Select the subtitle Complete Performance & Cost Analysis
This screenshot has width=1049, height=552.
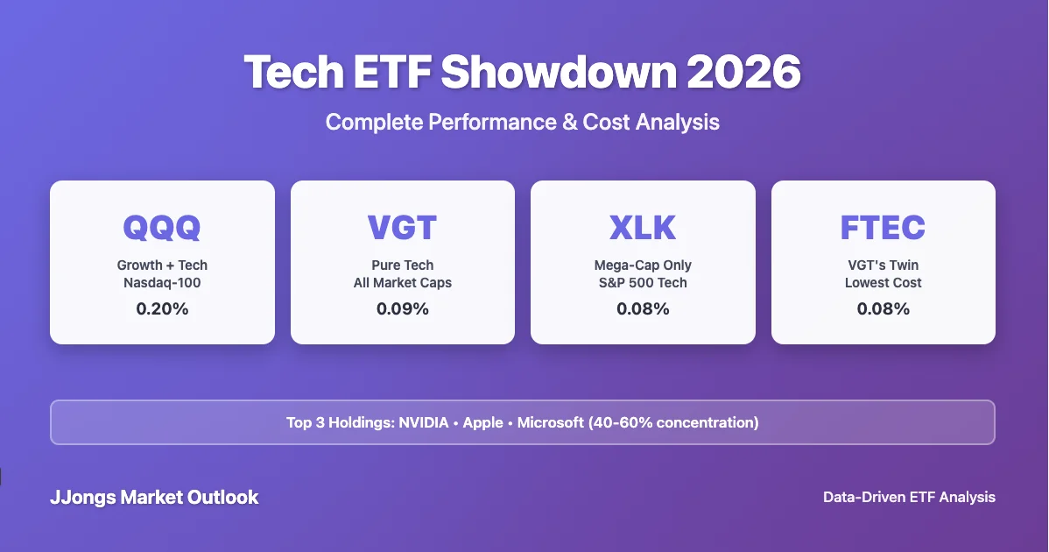click(x=523, y=122)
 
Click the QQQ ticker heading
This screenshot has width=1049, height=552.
click(x=162, y=228)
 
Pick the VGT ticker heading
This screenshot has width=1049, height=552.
click(x=402, y=228)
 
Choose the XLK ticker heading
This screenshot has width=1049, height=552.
click(x=643, y=228)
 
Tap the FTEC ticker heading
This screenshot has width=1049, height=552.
click(x=883, y=228)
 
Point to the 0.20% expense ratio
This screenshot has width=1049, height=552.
click(x=162, y=308)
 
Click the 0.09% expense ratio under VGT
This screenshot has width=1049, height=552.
click(x=402, y=308)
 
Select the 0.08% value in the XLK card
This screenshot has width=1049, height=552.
click(x=643, y=308)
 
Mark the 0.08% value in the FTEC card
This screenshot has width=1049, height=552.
click(x=883, y=308)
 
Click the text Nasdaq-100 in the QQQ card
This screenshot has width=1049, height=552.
click(x=162, y=282)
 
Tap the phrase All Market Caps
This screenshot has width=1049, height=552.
click(x=402, y=282)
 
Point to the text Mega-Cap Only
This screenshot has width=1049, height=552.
click(x=643, y=265)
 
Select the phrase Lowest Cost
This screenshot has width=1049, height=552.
click(x=883, y=282)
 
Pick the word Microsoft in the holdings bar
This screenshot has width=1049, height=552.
click(x=550, y=422)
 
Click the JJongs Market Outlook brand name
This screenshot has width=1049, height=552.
click(x=154, y=498)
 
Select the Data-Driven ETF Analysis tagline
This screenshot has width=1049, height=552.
click(x=909, y=497)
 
